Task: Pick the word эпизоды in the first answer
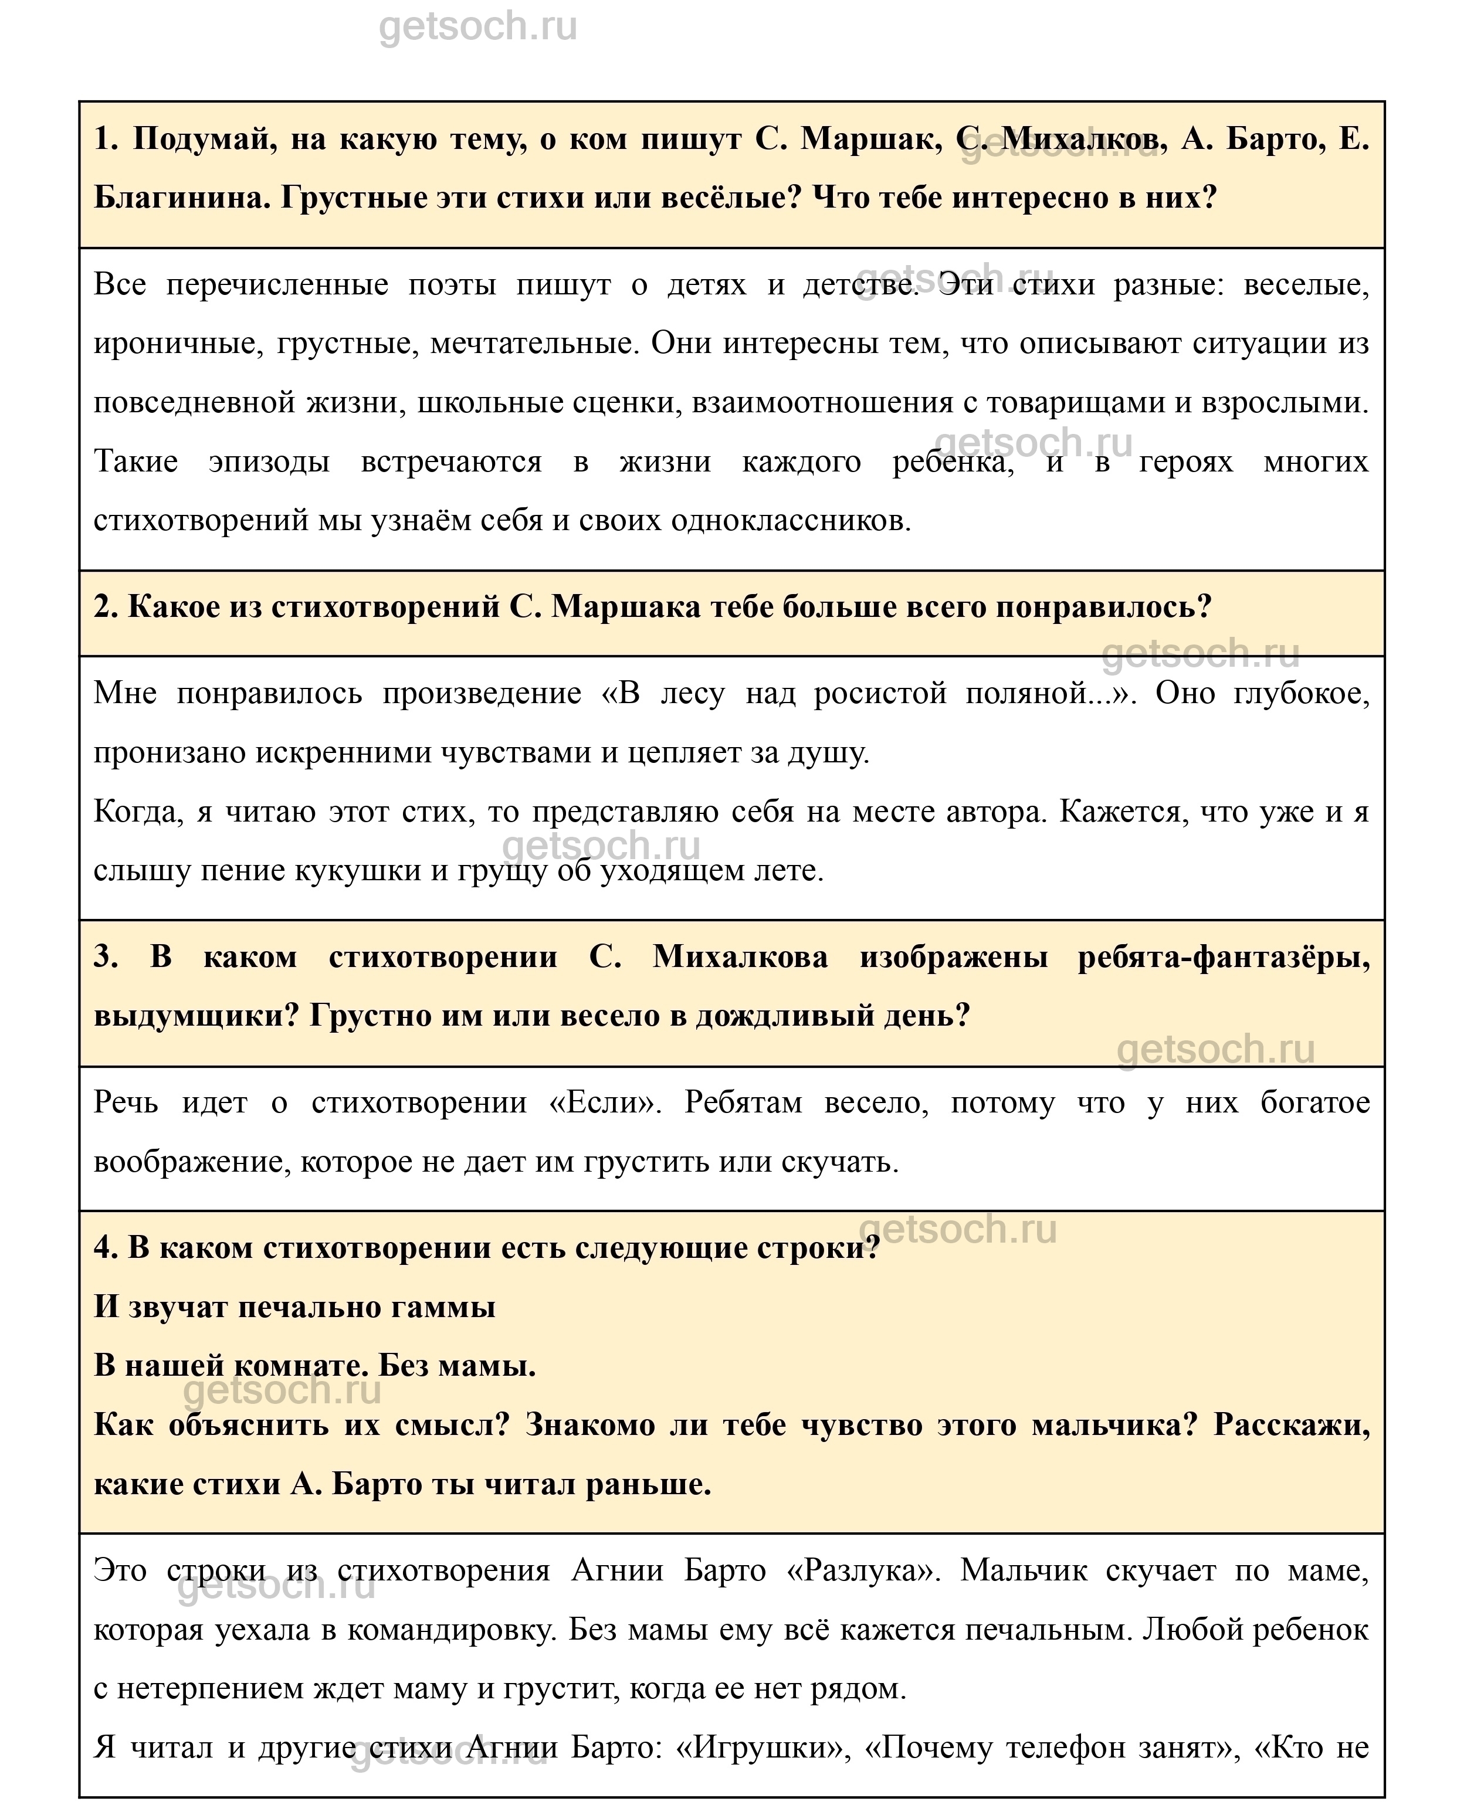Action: (269, 462)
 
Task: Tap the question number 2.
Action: (105, 607)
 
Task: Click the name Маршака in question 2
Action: (626, 607)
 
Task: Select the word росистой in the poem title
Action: (880, 694)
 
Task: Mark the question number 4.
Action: (106, 1248)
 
